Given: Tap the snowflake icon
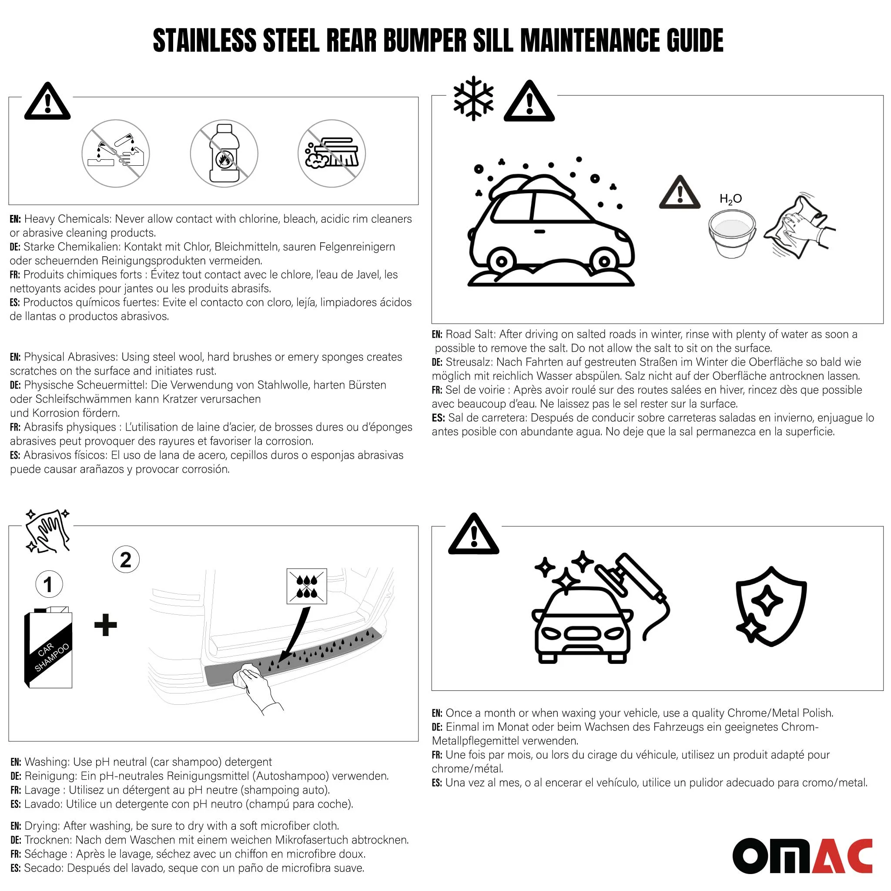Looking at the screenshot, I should [x=473, y=99].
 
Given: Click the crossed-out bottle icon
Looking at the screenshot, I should [x=224, y=153].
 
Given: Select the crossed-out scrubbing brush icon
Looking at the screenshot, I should [x=332, y=153].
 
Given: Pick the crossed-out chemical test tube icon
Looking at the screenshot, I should [x=116, y=153].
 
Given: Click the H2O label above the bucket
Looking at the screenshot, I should [x=730, y=199].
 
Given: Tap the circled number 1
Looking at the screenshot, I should [x=49, y=584].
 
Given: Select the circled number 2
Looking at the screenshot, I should [x=125, y=559].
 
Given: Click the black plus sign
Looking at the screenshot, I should [x=106, y=625].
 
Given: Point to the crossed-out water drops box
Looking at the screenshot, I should [x=307, y=586].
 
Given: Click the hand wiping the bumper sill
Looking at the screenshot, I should [x=256, y=684].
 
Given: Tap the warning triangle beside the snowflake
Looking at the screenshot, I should [x=529, y=102].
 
